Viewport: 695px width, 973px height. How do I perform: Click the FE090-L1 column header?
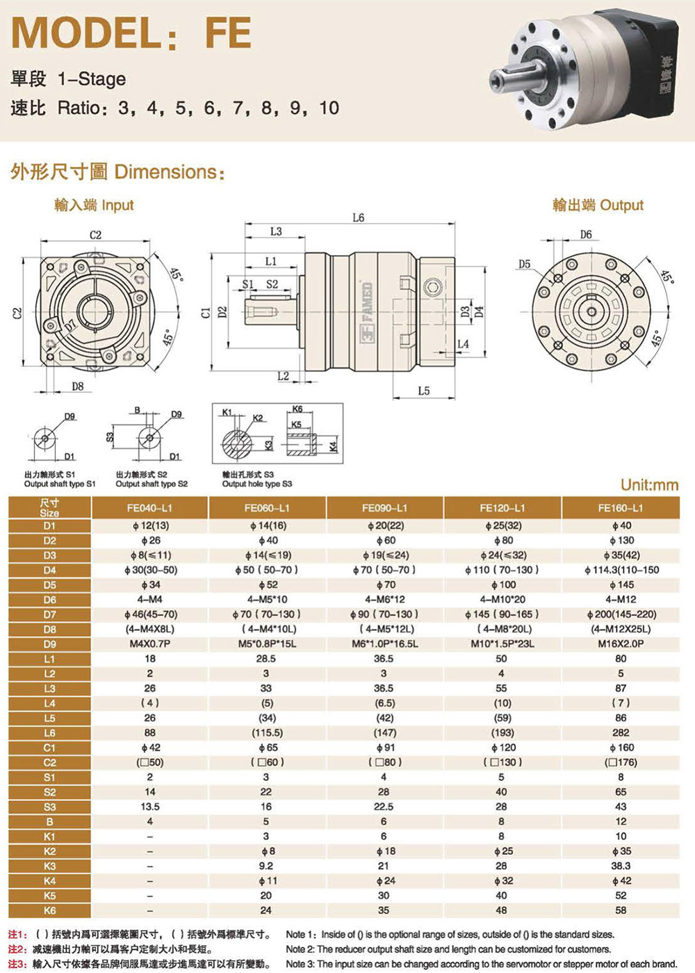[x=384, y=508]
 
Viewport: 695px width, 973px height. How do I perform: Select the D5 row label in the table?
[x=50, y=584]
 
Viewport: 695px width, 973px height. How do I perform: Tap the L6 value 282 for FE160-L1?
[x=621, y=733]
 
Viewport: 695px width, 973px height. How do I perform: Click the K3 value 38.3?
[x=621, y=866]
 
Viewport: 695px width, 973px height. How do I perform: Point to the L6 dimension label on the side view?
[x=359, y=218]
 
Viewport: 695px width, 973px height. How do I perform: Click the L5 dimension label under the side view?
[x=424, y=391]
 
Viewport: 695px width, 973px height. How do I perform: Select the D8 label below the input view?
[x=78, y=385]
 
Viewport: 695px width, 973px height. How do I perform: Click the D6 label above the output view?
[x=586, y=235]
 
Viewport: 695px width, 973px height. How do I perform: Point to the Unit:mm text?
[x=649, y=485]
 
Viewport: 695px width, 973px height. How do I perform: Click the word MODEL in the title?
[x=84, y=33]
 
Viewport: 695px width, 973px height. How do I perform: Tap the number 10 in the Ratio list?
[x=329, y=108]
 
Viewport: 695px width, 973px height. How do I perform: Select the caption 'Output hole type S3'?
[x=257, y=484]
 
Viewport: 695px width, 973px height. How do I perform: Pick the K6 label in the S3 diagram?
[x=297, y=409]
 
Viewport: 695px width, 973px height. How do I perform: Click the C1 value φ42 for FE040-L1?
[x=150, y=748]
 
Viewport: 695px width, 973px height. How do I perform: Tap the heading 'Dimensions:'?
[x=170, y=172]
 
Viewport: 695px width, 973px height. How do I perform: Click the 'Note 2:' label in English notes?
[x=300, y=949]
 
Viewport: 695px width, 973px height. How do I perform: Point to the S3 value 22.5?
[x=384, y=807]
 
